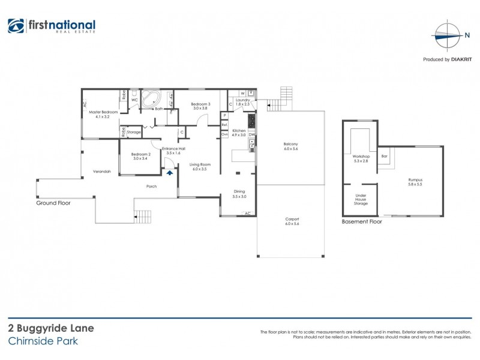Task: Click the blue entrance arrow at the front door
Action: click(x=169, y=173)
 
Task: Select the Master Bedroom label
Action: click(x=103, y=114)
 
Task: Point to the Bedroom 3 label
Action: click(x=202, y=106)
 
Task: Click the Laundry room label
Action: click(x=242, y=103)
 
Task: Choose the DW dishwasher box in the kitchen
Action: click(x=252, y=135)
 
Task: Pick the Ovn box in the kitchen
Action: click(x=224, y=134)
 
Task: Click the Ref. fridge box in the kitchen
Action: click(x=224, y=124)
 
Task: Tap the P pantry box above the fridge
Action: click(x=224, y=115)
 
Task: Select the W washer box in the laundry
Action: click(x=242, y=93)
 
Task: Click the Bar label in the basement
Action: click(x=385, y=157)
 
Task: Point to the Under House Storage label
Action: click(x=361, y=199)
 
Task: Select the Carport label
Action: click(x=292, y=221)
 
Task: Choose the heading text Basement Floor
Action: click(x=362, y=221)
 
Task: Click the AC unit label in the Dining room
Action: click(x=247, y=214)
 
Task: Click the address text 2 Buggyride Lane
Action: click(x=50, y=329)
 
